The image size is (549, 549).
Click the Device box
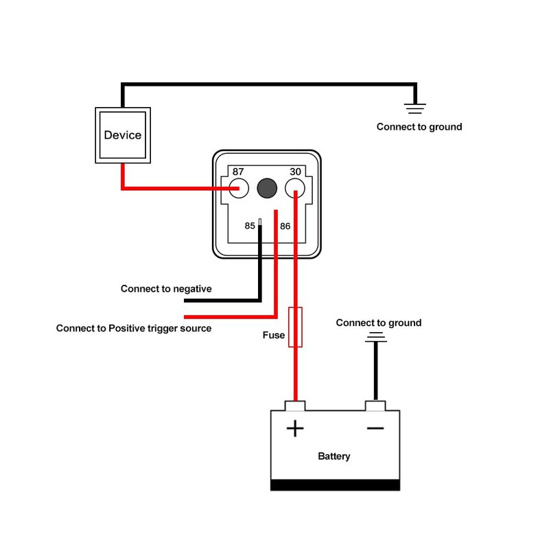[x=123, y=135]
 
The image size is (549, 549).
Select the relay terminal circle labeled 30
[x=295, y=187]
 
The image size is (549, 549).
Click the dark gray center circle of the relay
[x=266, y=187]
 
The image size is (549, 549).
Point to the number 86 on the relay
[x=285, y=225]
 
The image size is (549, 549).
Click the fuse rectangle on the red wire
[x=295, y=327]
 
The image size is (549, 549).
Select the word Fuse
[x=273, y=336]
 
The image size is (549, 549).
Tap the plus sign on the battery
[x=295, y=429]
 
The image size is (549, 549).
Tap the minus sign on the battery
[x=375, y=429]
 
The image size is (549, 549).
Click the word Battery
[x=334, y=456]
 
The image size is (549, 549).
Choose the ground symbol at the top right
[x=415, y=107]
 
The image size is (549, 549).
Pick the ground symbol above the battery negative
[x=375, y=337]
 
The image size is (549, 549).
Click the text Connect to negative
[x=166, y=289]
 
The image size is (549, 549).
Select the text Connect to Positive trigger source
[x=134, y=328]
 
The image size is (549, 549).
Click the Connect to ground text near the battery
[x=379, y=323]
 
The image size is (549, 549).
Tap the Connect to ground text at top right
[x=419, y=127]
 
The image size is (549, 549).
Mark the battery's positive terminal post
[x=295, y=406]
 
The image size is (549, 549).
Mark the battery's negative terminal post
[x=375, y=406]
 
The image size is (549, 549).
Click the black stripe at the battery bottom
[x=335, y=485]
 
